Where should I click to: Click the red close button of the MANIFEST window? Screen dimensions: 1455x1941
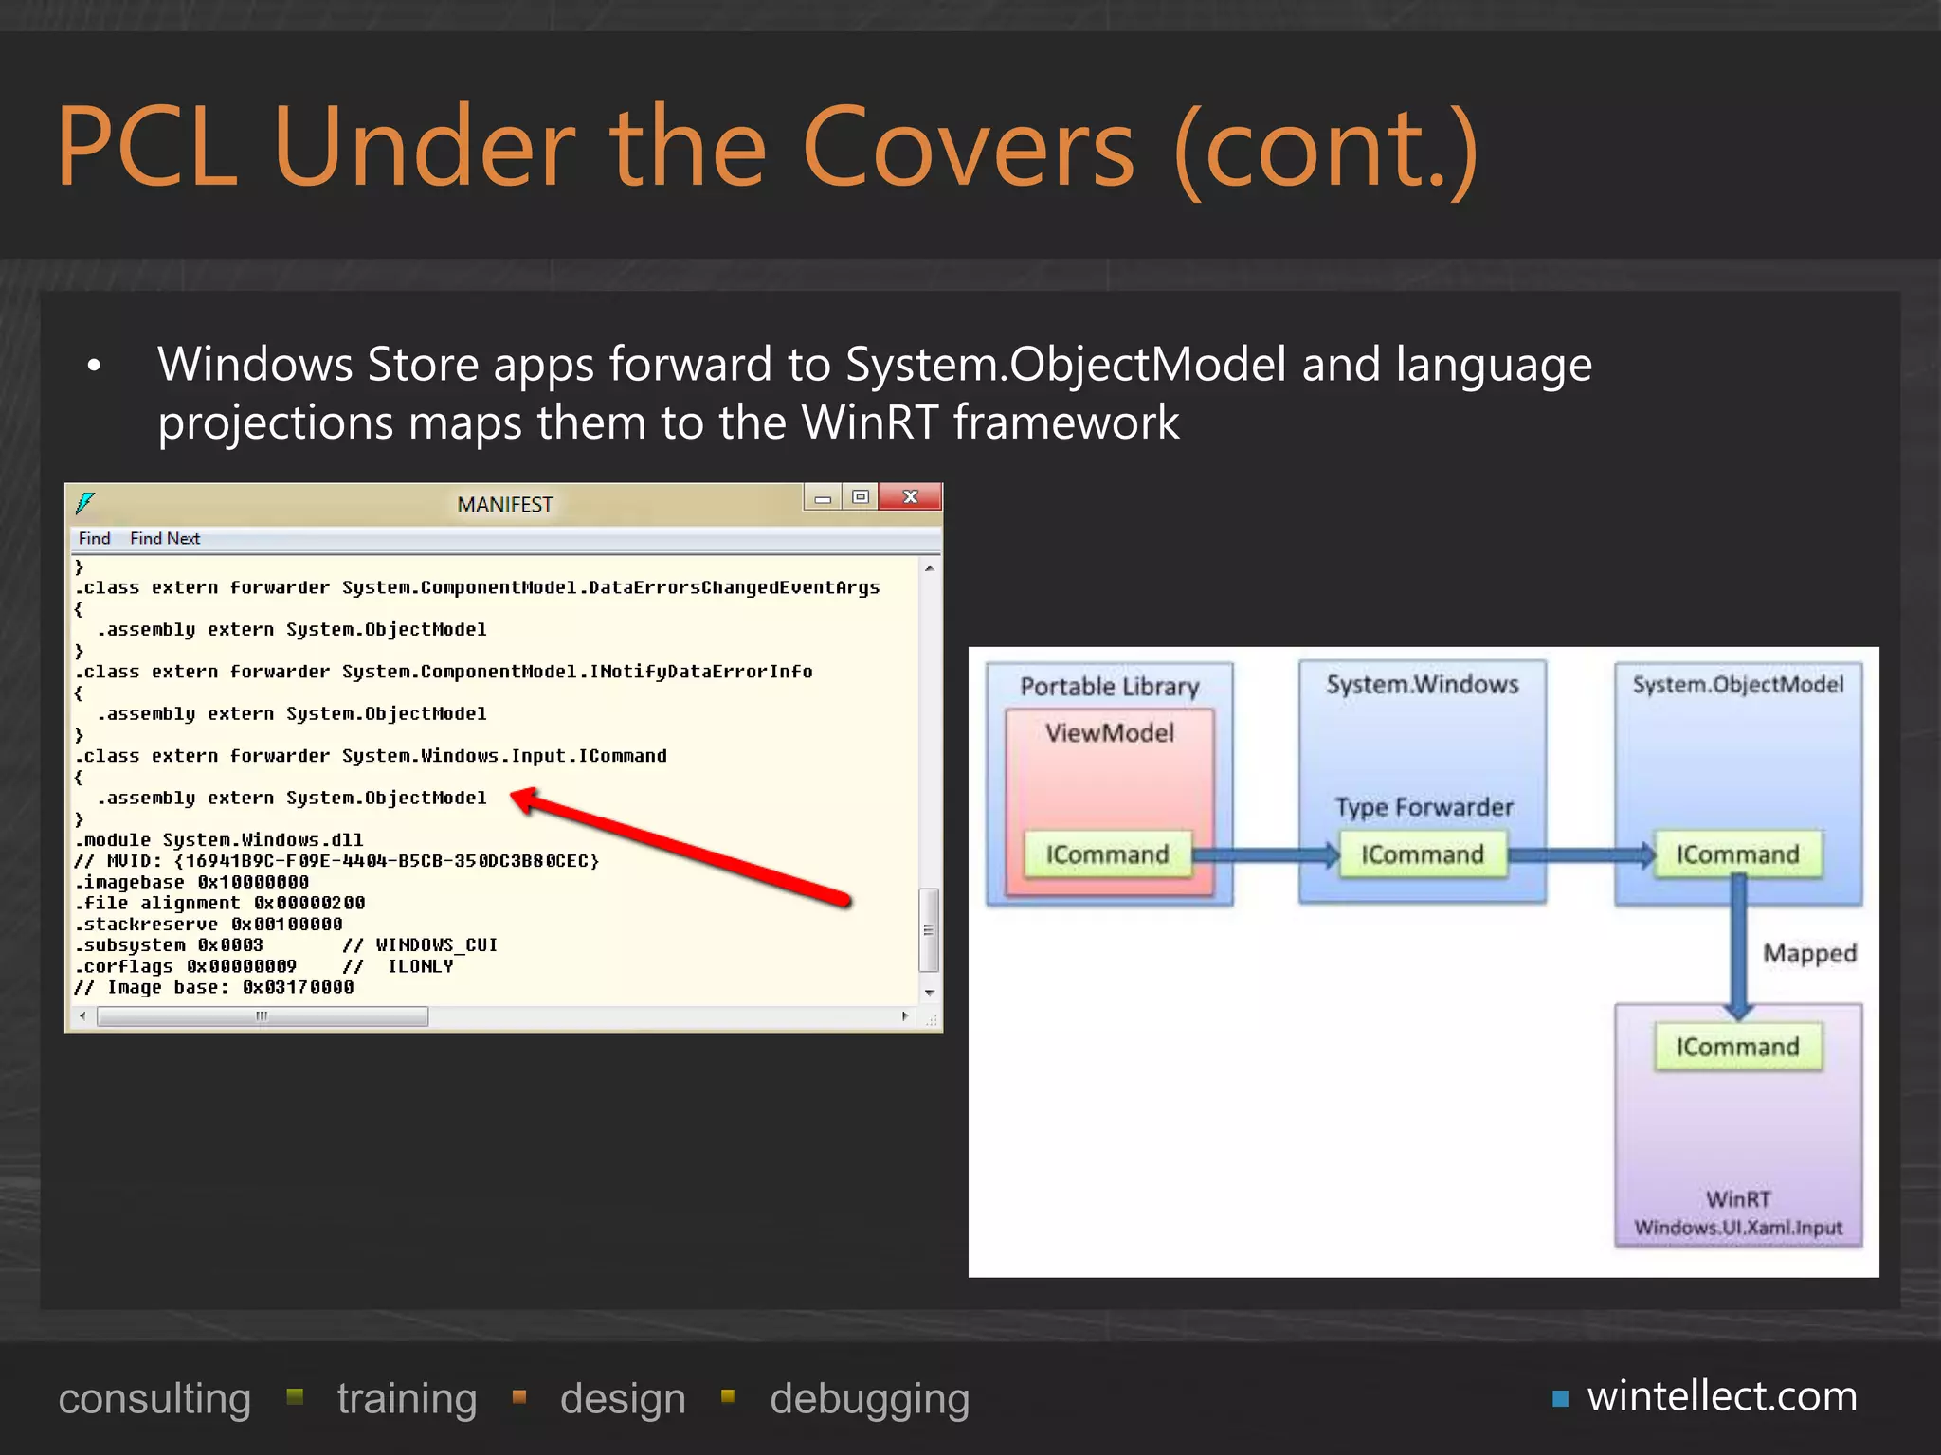coord(910,497)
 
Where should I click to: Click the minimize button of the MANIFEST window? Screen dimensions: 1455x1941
coord(823,497)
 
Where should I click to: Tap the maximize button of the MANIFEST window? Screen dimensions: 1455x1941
coord(860,497)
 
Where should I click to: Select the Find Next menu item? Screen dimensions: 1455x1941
coord(165,539)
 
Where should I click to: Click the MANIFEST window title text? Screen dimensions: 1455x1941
coord(504,505)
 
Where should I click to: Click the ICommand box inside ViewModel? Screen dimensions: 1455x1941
coord(1107,854)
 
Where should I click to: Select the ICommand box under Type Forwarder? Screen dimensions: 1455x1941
coord(1422,854)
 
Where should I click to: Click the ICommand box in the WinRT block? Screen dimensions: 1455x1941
coord(1737,1047)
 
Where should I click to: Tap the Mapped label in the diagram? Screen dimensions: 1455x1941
coord(1809,953)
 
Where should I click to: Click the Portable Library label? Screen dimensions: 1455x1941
coord(1109,687)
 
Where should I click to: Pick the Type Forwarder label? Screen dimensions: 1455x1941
coord(1424,807)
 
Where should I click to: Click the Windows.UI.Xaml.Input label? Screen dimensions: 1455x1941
coord(1738,1228)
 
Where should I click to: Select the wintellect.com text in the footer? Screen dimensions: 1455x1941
coord(1722,1396)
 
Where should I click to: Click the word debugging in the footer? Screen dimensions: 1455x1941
coord(869,1399)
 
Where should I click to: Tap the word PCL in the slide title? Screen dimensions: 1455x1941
coord(146,148)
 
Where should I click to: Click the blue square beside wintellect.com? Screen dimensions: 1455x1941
coord(1560,1398)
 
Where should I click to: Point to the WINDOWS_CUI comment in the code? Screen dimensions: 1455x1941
coord(436,945)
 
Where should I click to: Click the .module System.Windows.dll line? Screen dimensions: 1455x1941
coord(219,840)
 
